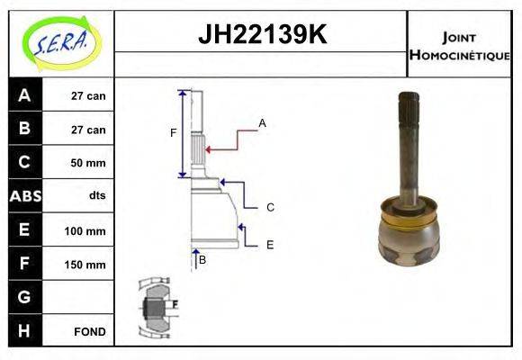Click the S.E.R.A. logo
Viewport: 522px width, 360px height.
pos(61,43)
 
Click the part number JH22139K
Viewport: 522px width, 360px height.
pos(262,34)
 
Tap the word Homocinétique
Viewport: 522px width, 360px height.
pos(460,55)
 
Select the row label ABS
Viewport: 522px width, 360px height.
pos(25,196)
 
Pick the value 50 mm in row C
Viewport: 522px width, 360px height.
pos(88,163)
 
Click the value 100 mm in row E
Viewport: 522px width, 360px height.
pos(85,230)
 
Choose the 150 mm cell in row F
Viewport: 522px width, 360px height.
pos(85,265)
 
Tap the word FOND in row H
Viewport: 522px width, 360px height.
pos(90,332)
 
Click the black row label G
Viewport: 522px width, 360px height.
pos(24,297)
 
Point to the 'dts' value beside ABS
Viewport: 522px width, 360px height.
pos(97,195)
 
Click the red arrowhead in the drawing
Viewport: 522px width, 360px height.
pos(208,149)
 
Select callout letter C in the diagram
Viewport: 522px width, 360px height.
pos(270,208)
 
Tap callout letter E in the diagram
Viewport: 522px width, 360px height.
pos(270,245)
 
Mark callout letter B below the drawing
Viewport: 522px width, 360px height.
pos(202,260)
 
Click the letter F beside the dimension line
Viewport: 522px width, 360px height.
pos(173,133)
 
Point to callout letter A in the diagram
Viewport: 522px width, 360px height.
pos(262,123)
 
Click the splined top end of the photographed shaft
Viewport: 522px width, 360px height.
pos(409,107)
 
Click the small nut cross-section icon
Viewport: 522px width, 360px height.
pos(157,308)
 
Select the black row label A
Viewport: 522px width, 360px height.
pos(24,95)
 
